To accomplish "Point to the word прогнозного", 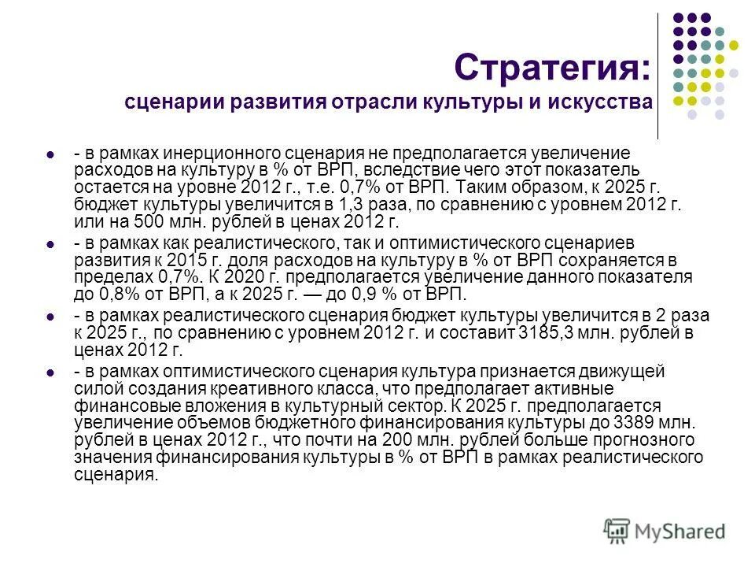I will pos(643,438).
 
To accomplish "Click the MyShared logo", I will pos(664,531).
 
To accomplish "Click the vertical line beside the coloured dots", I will pos(657,75).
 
